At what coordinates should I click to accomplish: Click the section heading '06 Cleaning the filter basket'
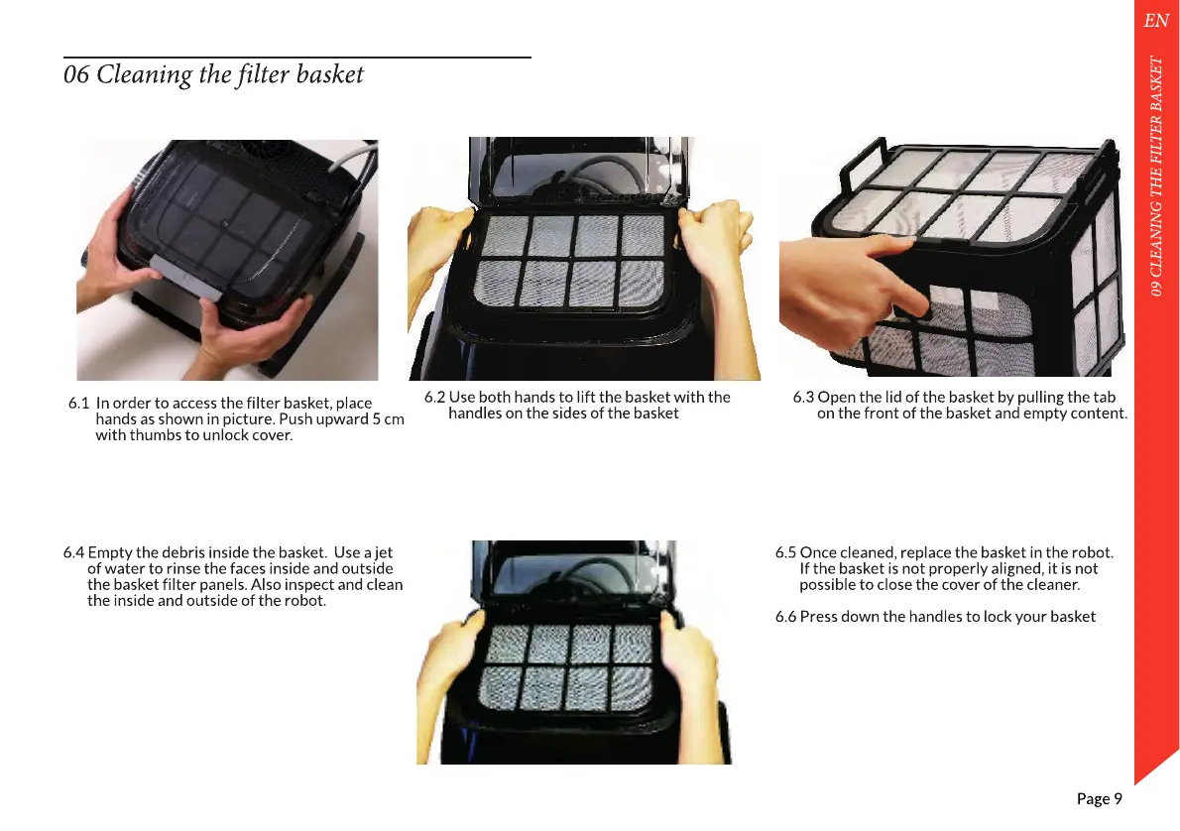(x=214, y=74)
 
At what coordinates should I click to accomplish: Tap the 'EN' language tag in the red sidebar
(x=1156, y=20)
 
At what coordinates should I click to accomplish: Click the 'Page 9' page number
(x=1099, y=798)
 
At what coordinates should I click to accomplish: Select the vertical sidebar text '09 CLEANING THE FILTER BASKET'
(x=1156, y=176)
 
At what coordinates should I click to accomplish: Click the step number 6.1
(x=79, y=404)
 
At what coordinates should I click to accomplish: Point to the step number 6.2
(x=434, y=398)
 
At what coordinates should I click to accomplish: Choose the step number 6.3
(x=803, y=398)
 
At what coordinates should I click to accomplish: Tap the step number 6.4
(x=73, y=552)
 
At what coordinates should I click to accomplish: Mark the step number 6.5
(x=785, y=552)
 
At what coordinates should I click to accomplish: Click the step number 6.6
(x=785, y=617)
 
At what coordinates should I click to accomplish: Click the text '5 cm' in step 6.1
(x=389, y=419)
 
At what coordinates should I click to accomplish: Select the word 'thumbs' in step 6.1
(x=153, y=435)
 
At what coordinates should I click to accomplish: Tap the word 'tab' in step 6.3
(x=1105, y=398)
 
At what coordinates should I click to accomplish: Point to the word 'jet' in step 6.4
(x=383, y=553)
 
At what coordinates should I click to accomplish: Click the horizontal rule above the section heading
(x=297, y=58)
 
